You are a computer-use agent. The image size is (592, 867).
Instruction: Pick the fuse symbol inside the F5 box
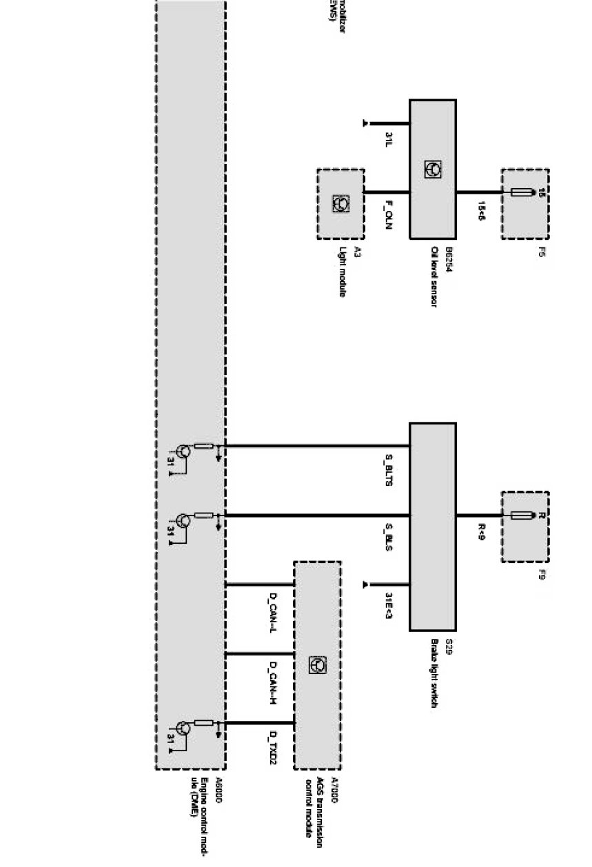525,192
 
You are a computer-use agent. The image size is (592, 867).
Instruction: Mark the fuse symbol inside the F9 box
525,516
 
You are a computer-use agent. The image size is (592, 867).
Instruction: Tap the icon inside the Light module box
340,203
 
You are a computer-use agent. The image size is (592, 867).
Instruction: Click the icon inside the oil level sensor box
433,169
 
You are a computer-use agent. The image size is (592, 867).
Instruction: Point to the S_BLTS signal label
389,471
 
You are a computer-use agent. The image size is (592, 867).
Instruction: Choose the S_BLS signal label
389,537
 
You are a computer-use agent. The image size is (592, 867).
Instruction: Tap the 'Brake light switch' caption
435,673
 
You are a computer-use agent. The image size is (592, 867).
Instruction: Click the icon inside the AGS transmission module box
319,664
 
